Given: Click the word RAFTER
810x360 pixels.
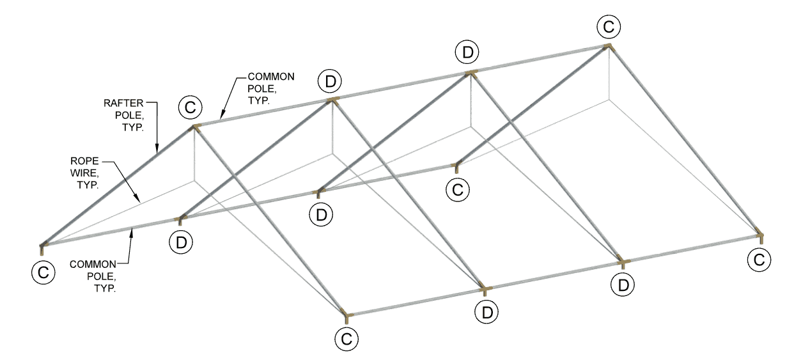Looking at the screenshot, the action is point(123,103).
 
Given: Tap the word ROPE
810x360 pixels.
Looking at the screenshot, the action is point(84,160).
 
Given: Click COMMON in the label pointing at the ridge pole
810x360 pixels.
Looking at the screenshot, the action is point(271,77).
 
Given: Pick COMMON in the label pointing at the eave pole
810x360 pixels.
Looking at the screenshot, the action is point(93,264).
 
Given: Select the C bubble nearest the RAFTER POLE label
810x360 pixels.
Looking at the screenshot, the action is point(191,107).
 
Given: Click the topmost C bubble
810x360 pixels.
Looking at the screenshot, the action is point(609,27).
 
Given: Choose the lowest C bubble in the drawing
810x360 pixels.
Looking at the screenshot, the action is point(347,339).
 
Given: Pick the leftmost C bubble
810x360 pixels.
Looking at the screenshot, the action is point(43,272).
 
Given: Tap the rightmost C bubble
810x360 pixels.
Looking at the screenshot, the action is point(759,260).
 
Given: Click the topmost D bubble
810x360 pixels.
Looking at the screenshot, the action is point(467,52).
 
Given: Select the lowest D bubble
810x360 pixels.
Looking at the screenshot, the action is point(487,312).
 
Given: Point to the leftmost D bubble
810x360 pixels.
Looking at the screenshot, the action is point(181,242).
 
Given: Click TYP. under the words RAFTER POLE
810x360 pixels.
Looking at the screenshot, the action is point(133,127).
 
